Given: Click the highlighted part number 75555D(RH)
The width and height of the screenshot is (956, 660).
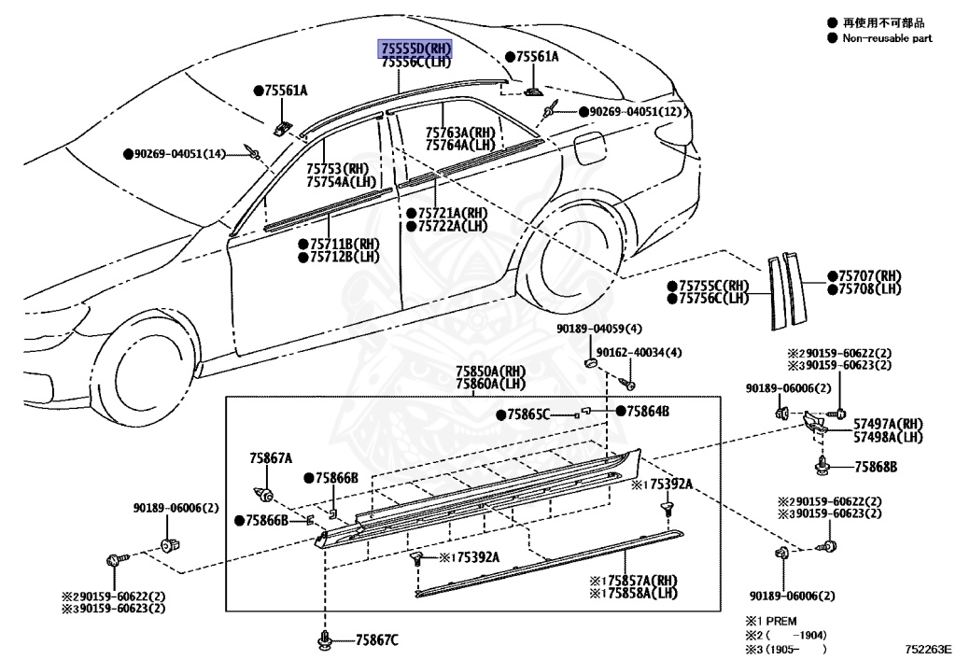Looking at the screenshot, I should click(x=415, y=49).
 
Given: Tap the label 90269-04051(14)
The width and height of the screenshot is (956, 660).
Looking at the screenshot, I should click(x=180, y=153).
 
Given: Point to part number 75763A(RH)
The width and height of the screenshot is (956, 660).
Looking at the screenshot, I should click(x=460, y=133).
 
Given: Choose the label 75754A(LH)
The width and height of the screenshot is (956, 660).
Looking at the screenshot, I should click(x=342, y=181).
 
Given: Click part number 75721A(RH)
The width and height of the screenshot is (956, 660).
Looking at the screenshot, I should click(x=452, y=213).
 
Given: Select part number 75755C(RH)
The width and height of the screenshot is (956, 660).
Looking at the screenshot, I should click(x=714, y=286).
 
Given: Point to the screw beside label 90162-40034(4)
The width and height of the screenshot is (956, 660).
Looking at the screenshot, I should click(x=630, y=384).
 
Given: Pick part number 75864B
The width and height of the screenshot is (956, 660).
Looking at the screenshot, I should click(x=648, y=411).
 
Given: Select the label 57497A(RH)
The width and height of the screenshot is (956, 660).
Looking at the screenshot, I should click(x=888, y=423).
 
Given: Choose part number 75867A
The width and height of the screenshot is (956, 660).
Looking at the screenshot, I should click(x=271, y=458).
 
